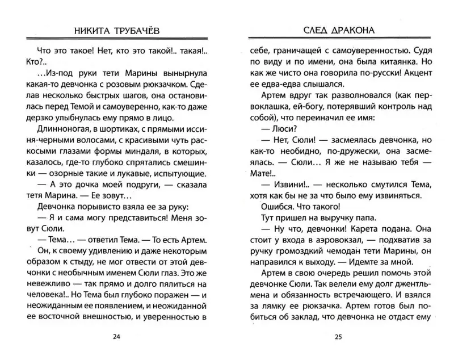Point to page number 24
click(x=117, y=337)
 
